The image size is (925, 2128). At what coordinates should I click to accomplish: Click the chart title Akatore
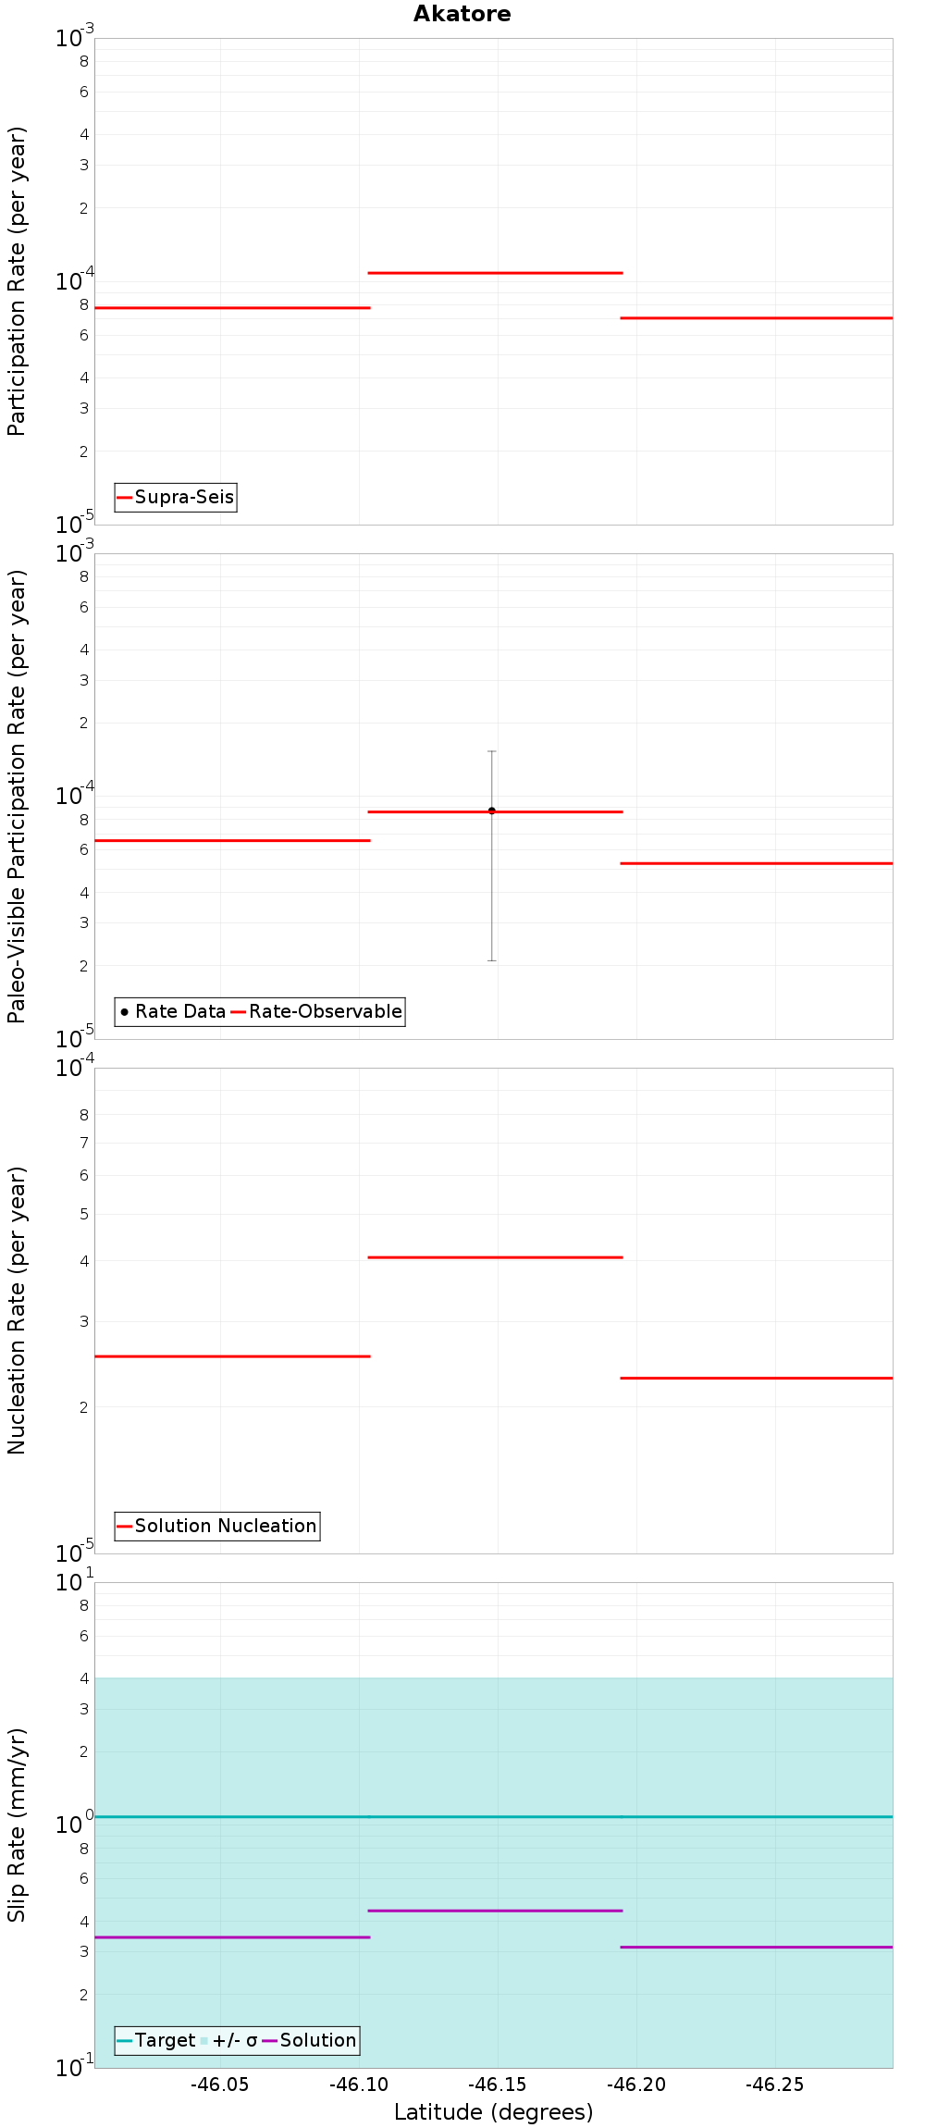pos(462,14)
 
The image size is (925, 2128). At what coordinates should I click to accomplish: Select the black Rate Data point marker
pos(492,810)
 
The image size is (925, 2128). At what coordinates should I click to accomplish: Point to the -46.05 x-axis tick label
pos(220,2085)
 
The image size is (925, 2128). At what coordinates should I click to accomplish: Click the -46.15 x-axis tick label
pos(498,2085)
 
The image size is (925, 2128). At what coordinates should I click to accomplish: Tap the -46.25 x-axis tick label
pos(775,2085)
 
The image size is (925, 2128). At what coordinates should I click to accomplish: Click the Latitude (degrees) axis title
pos(493,2112)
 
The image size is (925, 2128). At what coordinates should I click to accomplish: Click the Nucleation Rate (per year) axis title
pos(17,1310)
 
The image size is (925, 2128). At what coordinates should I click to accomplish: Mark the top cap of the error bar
pos(492,751)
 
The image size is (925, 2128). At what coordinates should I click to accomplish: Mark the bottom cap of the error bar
pos(492,960)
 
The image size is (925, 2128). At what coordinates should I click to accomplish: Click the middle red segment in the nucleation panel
pos(495,1257)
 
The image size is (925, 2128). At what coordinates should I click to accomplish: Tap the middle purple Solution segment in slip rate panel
pos(495,1911)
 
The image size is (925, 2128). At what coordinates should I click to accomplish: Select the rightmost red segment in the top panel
pos(756,317)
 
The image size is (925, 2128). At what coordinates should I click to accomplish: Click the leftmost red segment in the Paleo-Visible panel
pos(231,840)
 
